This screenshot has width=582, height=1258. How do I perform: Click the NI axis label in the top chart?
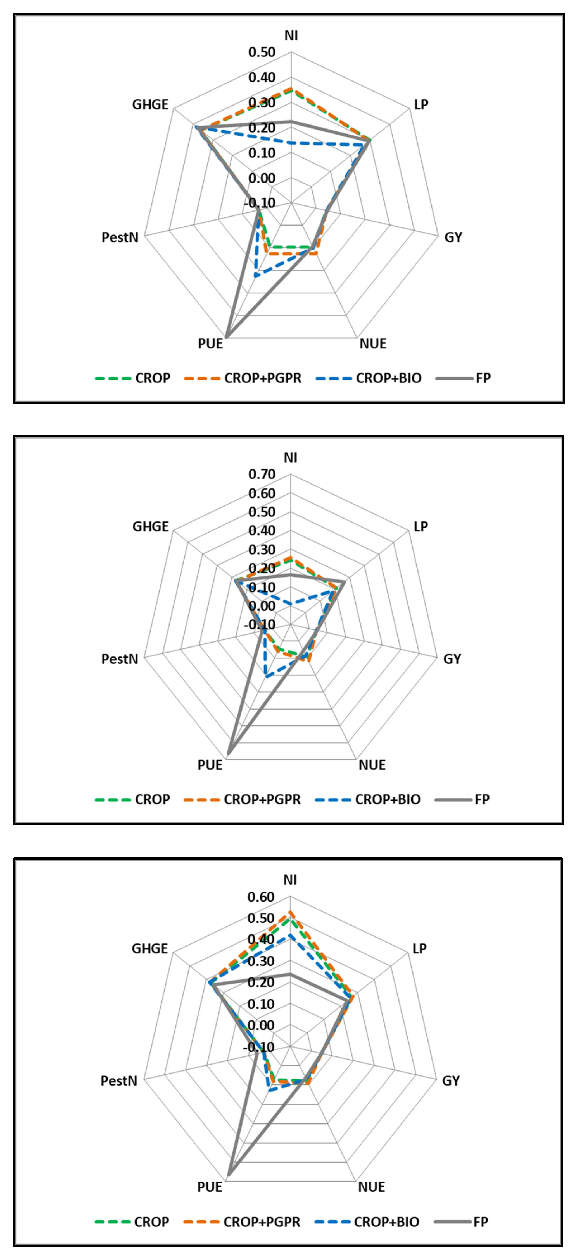click(x=291, y=36)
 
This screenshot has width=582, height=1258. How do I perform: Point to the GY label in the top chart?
click(x=453, y=237)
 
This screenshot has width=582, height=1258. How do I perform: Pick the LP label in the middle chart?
click(x=420, y=526)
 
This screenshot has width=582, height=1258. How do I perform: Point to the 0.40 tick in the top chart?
click(x=262, y=77)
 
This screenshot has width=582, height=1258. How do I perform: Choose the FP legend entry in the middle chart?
click(x=482, y=799)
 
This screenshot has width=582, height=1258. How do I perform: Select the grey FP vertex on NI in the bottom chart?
click(x=290, y=974)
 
